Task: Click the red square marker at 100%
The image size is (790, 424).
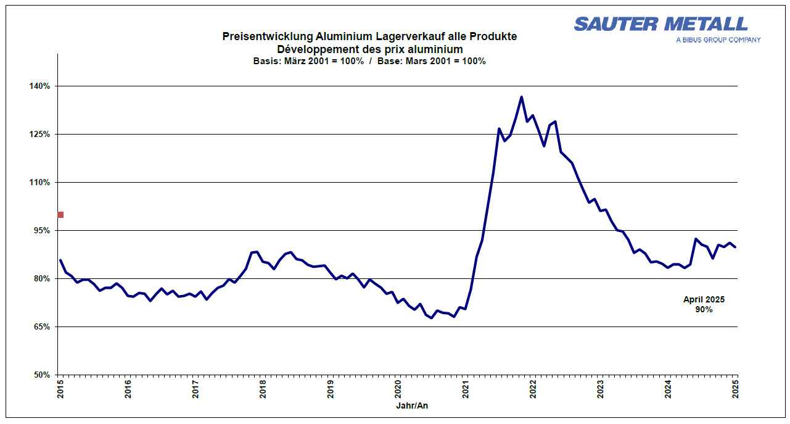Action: [60, 215]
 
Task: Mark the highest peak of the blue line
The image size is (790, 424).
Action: [521, 97]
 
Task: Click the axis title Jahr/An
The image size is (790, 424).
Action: [411, 405]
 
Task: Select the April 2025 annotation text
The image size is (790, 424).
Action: [704, 299]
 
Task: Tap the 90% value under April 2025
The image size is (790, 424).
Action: [704, 309]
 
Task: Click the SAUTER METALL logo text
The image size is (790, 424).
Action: [660, 24]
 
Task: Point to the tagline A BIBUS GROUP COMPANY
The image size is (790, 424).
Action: [718, 40]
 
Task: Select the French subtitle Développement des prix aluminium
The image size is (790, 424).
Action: [369, 49]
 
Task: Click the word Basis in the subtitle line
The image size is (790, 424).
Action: [266, 61]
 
